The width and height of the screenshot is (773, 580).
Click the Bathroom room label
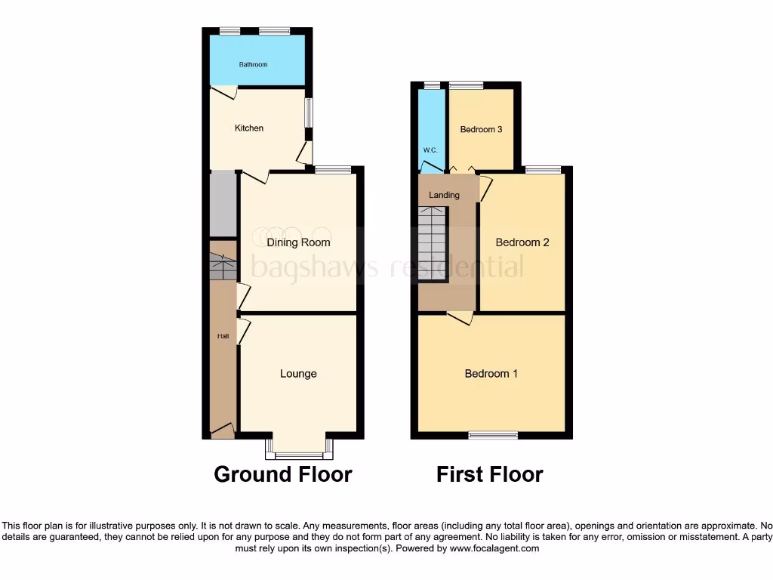(x=253, y=65)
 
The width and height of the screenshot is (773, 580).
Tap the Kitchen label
(x=249, y=128)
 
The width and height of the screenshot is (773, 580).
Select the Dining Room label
(x=298, y=242)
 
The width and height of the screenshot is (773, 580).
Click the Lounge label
(x=298, y=374)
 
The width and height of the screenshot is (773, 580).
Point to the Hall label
(x=223, y=336)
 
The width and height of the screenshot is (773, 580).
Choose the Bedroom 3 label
(x=481, y=129)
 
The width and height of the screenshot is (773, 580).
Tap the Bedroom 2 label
(x=522, y=242)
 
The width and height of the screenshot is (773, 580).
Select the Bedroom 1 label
(x=491, y=374)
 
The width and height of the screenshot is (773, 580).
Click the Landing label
(x=444, y=195)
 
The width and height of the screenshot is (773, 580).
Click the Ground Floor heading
(x=282, y=474)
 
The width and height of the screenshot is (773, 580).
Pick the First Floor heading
(x=489, y=474)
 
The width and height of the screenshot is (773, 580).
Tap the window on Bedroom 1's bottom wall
(x=493, y=434)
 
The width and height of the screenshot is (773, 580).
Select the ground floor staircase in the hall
(x=223, y=267)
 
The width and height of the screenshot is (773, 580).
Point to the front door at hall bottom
(x=223, y=431)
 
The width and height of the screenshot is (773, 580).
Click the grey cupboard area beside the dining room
(x=223, y=203)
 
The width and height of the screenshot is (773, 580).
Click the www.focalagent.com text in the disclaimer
(x=494, y=548)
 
